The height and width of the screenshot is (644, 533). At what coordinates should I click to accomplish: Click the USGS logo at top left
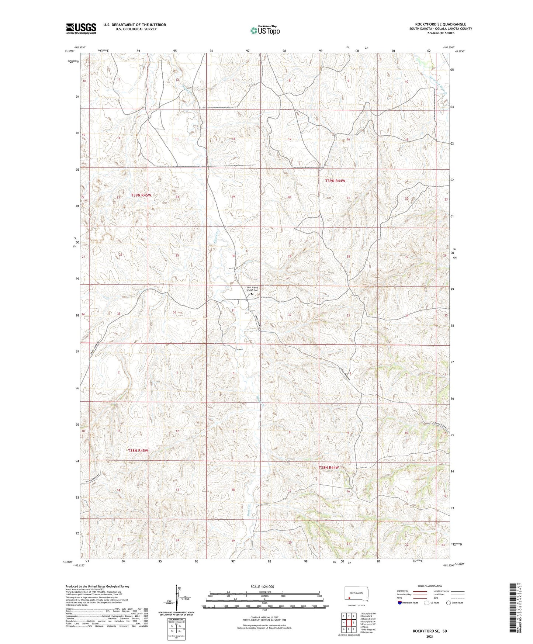point(81,28)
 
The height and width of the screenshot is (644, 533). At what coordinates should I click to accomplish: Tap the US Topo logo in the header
point(265,30)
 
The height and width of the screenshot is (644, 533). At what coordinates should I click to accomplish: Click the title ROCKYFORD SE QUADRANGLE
point(440,24)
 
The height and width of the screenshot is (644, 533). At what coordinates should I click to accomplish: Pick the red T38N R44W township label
point(329,467)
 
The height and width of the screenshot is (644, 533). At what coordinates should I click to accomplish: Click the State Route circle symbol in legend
point(449,603)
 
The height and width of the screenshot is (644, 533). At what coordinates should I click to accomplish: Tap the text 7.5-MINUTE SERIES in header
point(440,33)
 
